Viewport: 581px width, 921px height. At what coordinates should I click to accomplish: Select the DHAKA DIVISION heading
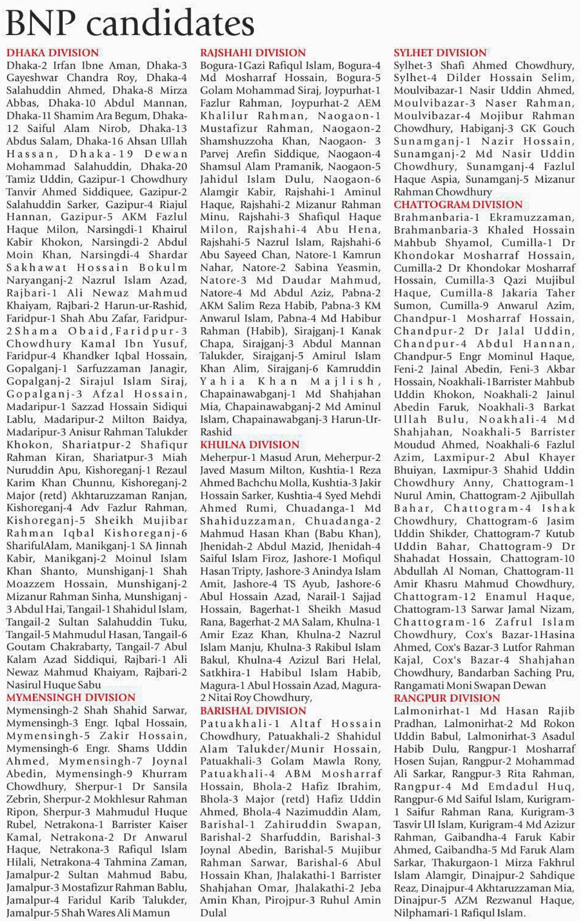tap(52, 52)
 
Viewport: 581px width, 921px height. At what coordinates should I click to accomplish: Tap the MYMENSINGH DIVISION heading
tap(71, 697)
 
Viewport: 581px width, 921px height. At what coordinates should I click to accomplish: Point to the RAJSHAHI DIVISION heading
tap(253, 52)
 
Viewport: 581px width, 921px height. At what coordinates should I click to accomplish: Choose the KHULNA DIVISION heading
tap(250, 444)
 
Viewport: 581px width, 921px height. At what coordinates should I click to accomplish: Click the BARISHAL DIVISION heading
tap(253, 710)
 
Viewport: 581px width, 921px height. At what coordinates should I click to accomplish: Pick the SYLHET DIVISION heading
tap(440, 52)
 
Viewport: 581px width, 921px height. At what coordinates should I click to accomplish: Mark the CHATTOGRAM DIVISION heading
tap(458, 205)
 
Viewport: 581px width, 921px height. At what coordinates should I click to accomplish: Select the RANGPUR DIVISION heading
tap(447, 698)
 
